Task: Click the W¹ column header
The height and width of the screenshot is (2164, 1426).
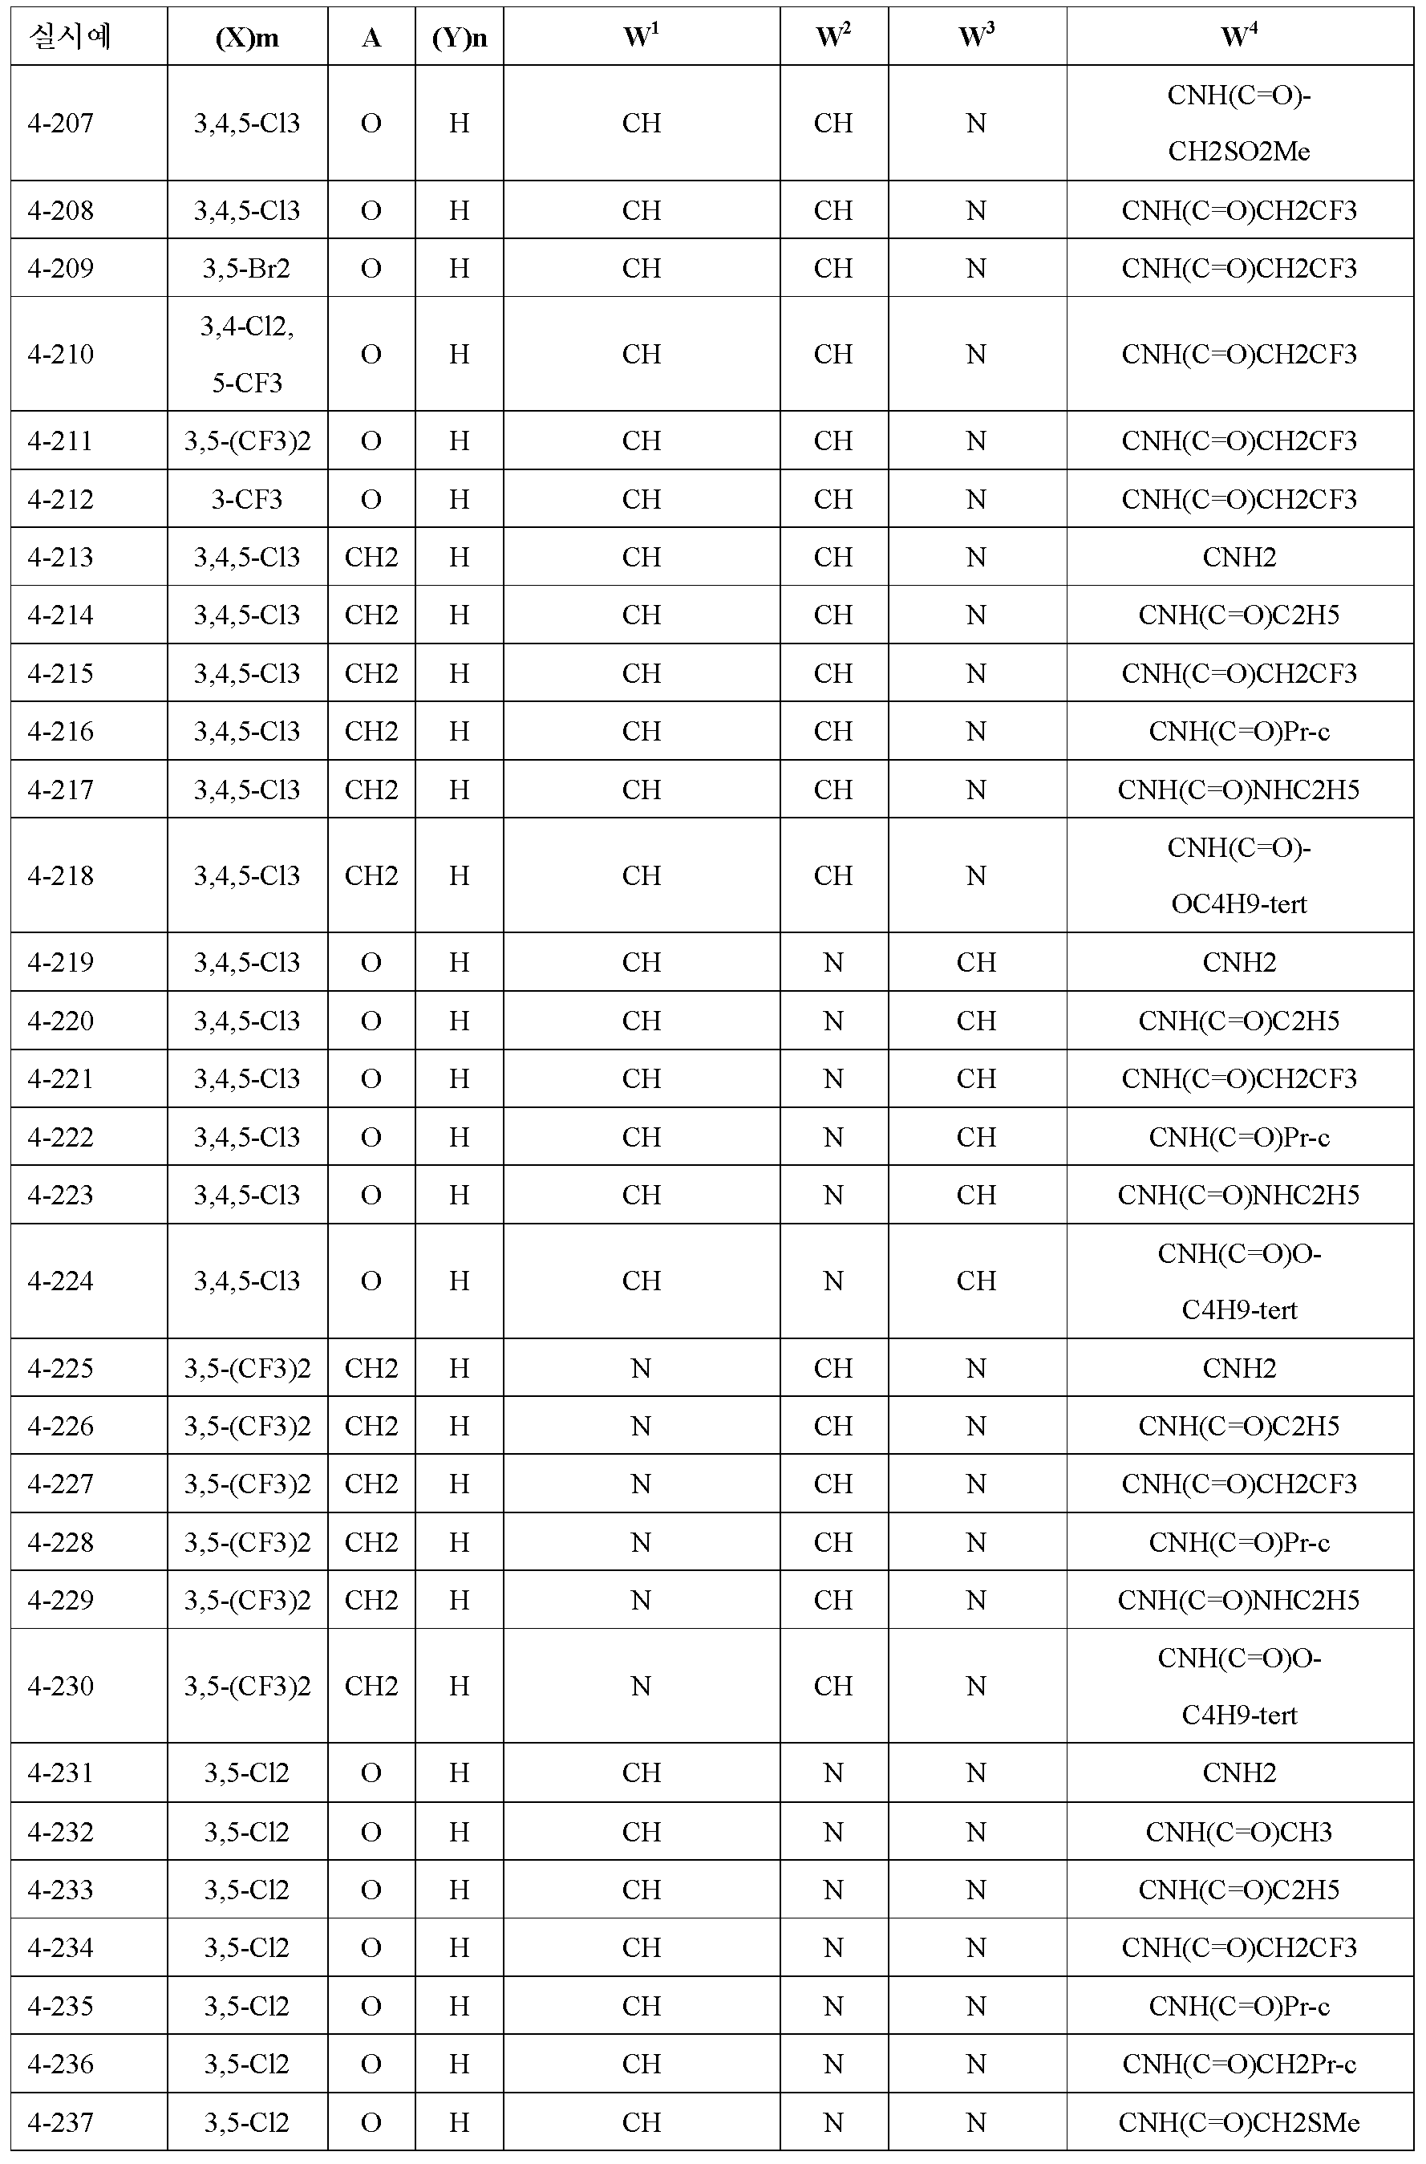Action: (x=641, y=36)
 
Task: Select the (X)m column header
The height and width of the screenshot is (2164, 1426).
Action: (x=246, y=37)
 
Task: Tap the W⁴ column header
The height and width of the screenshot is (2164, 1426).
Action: (x=1238, y=36)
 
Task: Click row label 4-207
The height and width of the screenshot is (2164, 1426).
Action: (x=61, y=123)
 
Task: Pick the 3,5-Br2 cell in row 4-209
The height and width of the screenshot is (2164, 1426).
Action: (x=246, y=268)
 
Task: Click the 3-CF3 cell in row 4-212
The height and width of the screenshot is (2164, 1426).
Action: (x=246, y=499)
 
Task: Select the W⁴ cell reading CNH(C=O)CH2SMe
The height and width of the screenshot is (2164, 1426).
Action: (x=1238, y=2122)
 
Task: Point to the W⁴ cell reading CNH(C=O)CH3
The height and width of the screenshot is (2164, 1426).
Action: (x=1238, y=1831)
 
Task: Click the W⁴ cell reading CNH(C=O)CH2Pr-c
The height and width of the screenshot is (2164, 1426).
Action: (x=1238, y=2064)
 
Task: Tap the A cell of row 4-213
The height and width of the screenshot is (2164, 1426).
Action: (x=371, y=557)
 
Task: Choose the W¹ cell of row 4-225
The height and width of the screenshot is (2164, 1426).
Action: (x=641, y=1368)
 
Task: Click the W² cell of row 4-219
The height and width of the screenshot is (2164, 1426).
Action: (x=833, y=962)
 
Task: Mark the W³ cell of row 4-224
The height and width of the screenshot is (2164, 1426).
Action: (x=976, y=1281)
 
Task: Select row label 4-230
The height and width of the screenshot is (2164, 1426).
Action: (x=61, y=1686)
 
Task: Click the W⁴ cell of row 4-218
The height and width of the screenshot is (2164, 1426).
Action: (x=1238, y=875)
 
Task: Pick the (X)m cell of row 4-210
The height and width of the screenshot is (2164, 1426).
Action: (x=246, y=354)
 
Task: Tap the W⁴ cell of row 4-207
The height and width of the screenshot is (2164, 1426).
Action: (x=1238, y=123)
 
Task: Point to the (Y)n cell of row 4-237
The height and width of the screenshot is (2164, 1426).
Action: (x=460, y=2122)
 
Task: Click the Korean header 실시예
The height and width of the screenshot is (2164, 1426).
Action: (x=70, y=36)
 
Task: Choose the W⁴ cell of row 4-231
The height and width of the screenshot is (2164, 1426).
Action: (x=1238, y=1773)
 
